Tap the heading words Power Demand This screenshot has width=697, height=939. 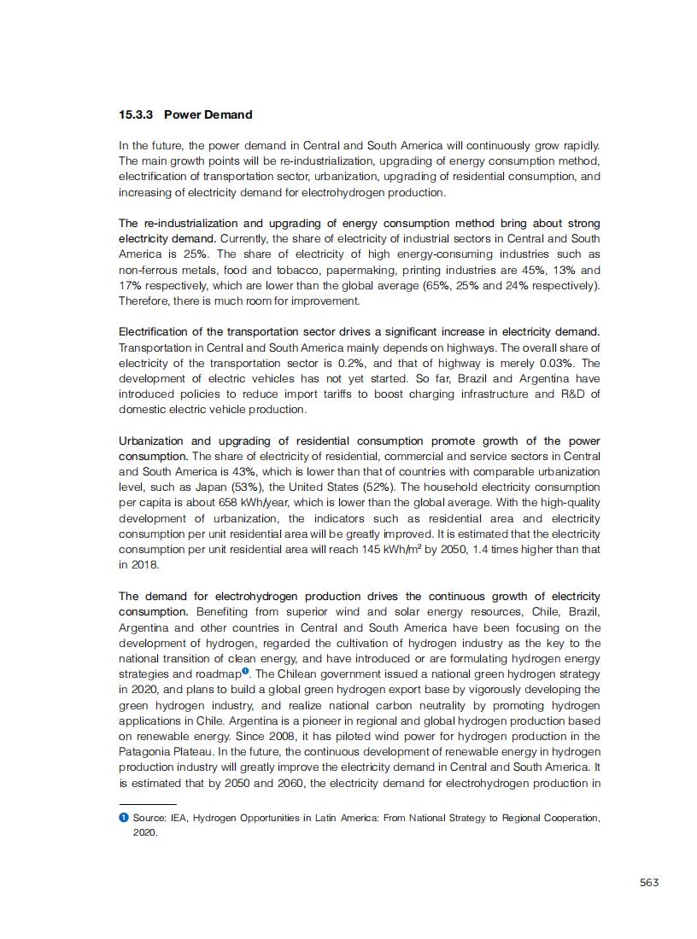tap(208, 114)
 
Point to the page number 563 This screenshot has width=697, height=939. tap(649, 882)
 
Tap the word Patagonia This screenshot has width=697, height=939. tap(145, 752)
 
